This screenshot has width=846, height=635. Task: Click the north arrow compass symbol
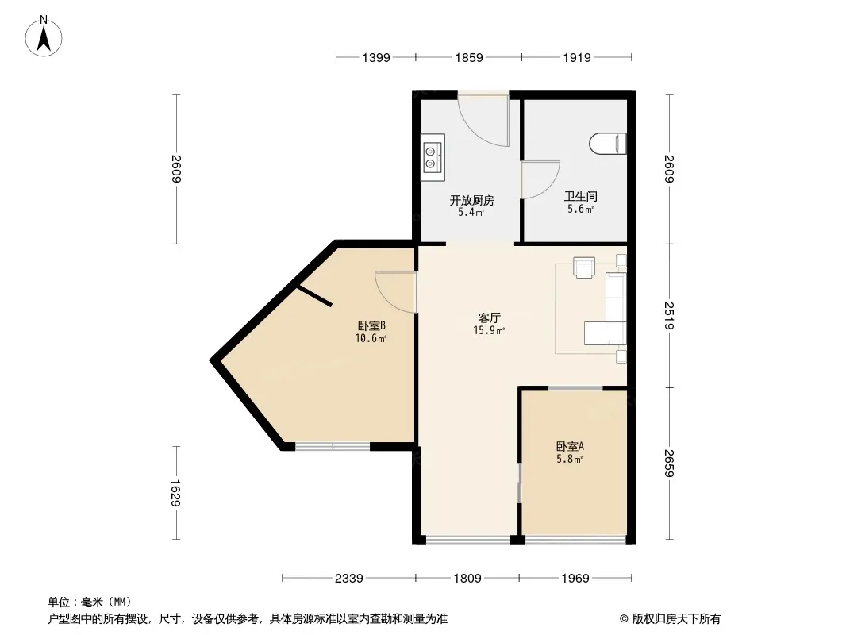(44, 37)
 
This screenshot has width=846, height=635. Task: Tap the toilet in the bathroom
(608, 144)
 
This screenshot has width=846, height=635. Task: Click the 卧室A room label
(570, 446)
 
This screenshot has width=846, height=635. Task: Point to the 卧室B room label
(371, 325)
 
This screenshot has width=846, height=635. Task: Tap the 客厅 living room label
(489, 317)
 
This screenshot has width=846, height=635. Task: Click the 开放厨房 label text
(472, 201)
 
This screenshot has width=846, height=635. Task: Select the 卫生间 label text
(581, 197)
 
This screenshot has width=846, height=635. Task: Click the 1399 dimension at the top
(376, 57)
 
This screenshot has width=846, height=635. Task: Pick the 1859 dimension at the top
(469, 57)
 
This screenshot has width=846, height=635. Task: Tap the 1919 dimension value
(577, 57)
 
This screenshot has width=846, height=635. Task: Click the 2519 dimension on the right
(669, 316)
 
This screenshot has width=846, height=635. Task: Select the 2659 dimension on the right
(669, 463)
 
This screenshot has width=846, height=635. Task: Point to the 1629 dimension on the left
(176, 493)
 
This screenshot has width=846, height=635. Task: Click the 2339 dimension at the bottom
(348, 579)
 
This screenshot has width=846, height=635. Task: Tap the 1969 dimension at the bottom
(575, 579)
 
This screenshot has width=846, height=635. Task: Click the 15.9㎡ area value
(489, 330)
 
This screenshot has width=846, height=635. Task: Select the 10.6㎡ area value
(371, 338)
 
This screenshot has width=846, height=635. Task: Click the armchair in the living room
(584, 267)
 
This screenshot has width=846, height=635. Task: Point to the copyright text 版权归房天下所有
(676, 619)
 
